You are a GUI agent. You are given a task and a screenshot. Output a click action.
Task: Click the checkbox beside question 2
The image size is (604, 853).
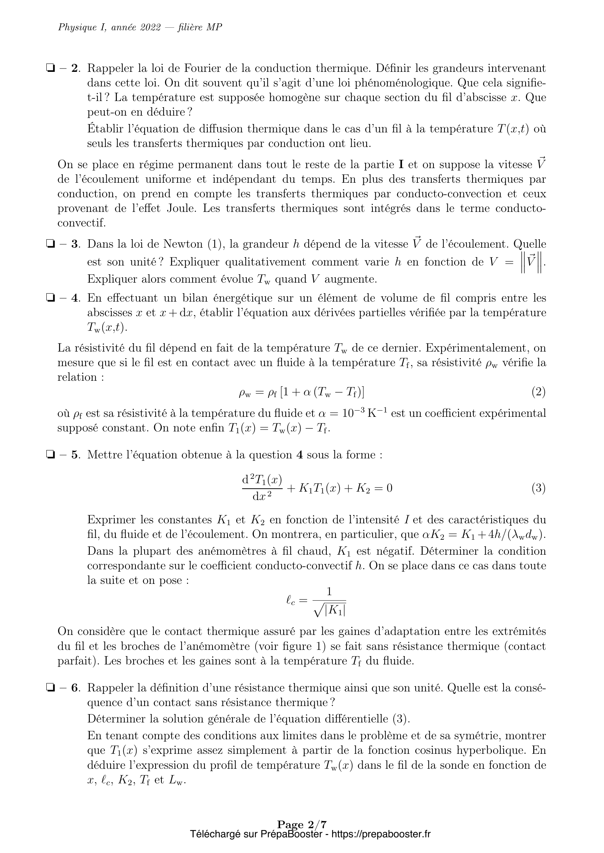point(50,68)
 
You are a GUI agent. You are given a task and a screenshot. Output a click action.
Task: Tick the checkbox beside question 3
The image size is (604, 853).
point(50,244)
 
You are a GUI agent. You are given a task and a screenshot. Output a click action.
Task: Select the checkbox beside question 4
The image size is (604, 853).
point(50,298)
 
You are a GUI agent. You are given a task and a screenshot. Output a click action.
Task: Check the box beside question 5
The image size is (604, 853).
point(50,455)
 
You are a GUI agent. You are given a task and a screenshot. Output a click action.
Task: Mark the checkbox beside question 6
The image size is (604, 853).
point(50,688)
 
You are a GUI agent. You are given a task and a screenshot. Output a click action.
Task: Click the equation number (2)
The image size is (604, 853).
point(538,392)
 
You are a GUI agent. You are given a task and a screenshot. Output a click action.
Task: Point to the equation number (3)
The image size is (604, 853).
point(538,488)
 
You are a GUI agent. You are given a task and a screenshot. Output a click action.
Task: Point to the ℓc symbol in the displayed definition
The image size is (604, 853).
point(291,600)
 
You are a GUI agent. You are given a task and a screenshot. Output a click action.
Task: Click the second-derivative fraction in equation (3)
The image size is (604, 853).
point(262,488)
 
